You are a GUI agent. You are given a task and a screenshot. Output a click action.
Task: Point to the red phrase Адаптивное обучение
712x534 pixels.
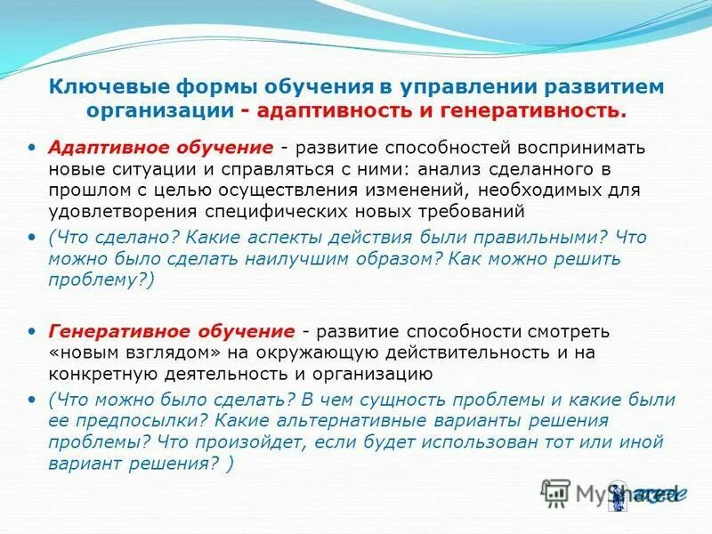coord(160,146)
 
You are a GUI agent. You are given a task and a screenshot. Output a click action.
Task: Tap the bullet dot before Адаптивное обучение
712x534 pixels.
coord(33,146)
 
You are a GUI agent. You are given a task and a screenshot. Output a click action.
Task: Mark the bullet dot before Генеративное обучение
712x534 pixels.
coord(33,331)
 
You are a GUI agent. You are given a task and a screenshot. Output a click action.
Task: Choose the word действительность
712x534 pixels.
coord(457,352)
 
